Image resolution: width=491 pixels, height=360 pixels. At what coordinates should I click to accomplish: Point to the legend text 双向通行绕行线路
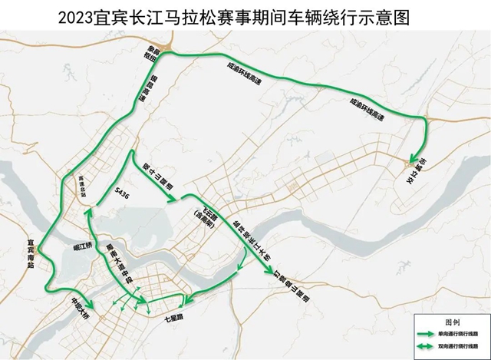pos(463,347)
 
